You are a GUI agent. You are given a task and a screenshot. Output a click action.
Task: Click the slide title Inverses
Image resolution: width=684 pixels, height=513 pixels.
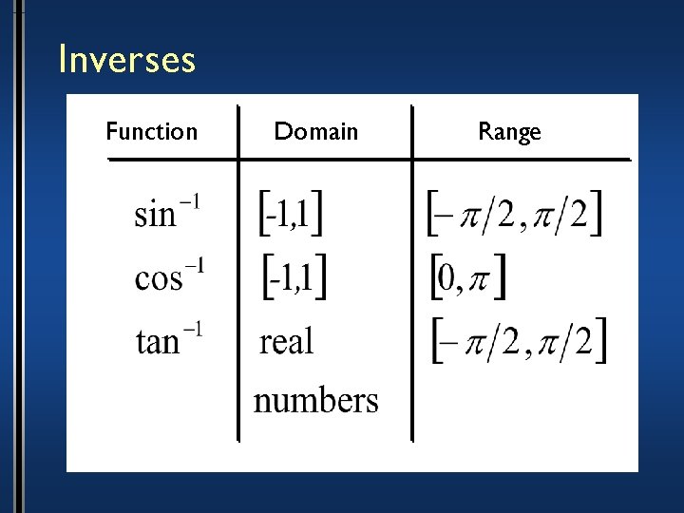tap(126, 60)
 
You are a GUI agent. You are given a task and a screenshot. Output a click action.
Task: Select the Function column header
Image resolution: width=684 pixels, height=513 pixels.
tap(152, 131)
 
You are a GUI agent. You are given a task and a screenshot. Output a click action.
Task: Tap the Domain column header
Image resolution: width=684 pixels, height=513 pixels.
tap(316, 131)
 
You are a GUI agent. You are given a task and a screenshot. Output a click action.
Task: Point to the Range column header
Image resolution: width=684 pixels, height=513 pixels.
tap(509, 132)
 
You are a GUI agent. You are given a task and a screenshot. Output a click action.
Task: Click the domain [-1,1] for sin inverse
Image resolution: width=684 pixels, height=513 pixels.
tap(291, 214)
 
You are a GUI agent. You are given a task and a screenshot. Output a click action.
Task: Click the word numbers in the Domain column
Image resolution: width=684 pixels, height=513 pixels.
tap(315, 400)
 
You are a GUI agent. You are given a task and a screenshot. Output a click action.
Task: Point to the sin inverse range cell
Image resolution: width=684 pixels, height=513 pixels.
tap(514, 214)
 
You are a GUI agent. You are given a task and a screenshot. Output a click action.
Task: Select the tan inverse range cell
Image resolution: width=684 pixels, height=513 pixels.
tap(518, 340)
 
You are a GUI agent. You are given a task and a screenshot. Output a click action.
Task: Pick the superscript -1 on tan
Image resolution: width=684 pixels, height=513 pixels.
tap(192, 329)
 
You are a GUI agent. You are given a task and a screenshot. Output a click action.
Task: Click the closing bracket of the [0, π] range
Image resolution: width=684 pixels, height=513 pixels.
tap(500, 276)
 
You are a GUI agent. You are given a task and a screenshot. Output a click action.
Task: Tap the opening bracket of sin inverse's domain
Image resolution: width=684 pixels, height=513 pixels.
tap(264, 214)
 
